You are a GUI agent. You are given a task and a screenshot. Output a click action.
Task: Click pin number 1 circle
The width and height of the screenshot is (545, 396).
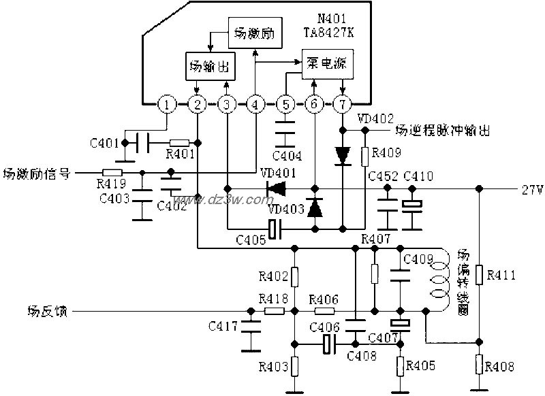[x=167, y=104]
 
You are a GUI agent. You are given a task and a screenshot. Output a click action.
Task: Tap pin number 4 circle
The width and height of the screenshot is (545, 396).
[x=255, y=104]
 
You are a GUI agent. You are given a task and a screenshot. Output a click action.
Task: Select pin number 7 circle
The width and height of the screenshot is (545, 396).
[x=342, y=104]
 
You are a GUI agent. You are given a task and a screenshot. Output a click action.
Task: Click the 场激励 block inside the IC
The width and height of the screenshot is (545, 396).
[x=254, y=33]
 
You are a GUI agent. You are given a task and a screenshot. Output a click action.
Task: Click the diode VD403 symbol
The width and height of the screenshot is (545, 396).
[x=315, y=208]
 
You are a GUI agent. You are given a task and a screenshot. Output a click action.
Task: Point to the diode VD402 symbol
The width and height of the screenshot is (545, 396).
[x=342, y=154]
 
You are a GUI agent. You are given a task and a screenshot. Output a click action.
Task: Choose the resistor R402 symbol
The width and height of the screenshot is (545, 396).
[x=294, y=277]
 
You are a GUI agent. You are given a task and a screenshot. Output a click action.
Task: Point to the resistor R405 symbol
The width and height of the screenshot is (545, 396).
[x=401, y=364]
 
